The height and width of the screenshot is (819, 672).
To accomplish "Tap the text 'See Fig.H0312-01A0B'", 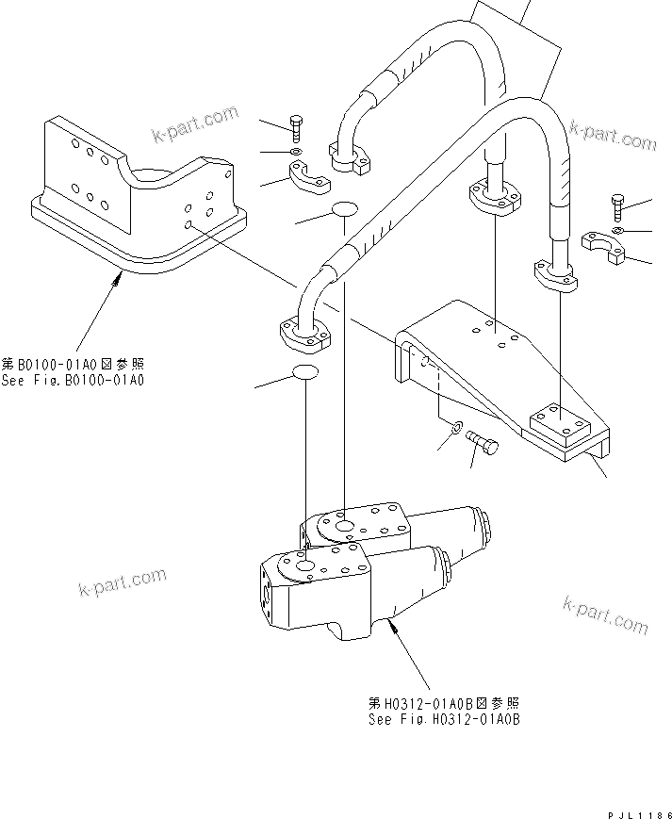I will (445, 719).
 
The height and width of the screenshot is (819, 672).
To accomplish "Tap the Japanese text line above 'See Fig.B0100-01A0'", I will (74, 365).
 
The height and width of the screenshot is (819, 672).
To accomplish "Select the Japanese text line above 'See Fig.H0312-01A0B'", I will (444, 703).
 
